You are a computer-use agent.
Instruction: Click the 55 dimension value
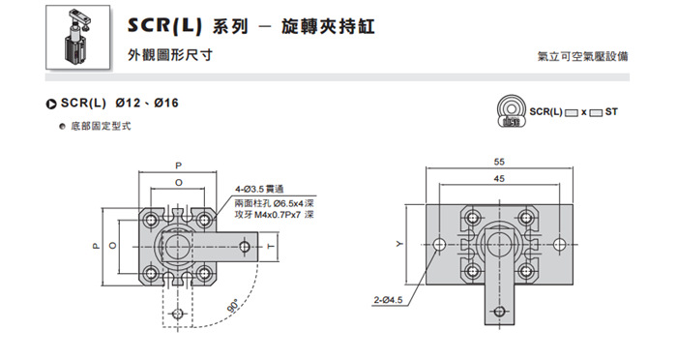[499, 162]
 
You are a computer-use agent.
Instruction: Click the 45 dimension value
[499, 178]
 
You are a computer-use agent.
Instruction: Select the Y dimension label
[399, 244]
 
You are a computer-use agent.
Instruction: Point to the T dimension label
[271, 247]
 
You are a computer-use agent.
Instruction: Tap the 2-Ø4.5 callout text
[388, 300]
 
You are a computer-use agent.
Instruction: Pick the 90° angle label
[233, 306]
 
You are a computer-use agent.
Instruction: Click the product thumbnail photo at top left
[77, 37]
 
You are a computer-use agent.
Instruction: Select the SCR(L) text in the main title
[165, 26]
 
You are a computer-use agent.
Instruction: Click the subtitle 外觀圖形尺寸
[170, 55]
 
